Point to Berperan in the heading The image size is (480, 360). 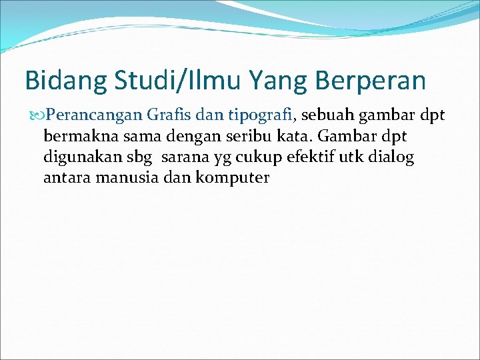372,81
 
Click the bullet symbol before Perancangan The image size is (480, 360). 37,115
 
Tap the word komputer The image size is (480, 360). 233,179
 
